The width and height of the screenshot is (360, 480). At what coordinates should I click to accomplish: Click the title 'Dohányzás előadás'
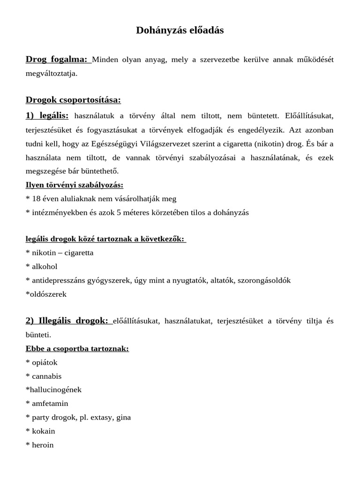180,30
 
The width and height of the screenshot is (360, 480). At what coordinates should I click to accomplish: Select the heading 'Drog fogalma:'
57,60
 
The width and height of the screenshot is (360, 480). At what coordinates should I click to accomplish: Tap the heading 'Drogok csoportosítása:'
73,100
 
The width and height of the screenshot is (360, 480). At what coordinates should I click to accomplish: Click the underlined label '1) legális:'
47,115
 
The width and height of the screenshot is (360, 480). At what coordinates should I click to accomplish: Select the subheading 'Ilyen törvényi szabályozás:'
75,185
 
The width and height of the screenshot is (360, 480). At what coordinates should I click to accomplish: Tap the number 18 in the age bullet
36,199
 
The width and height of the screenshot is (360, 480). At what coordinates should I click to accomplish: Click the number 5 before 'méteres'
119,212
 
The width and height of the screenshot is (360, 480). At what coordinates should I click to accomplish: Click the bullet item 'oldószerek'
48,294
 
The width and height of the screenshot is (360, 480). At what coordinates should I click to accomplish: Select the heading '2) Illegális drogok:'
67,321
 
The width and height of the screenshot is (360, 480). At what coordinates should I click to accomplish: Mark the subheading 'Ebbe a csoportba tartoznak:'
77,349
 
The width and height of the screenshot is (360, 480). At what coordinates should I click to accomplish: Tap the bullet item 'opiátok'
45,362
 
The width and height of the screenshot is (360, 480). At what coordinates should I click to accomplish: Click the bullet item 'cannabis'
46,376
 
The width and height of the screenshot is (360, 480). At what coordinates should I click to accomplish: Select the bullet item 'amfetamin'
50,404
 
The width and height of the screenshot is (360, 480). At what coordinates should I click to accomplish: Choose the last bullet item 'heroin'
43,445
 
